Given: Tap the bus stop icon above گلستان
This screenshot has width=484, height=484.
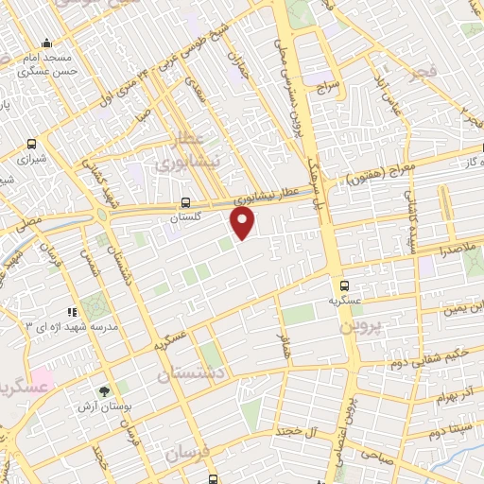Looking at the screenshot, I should (185, 202).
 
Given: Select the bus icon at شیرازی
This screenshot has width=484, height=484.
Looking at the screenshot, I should (33, 145).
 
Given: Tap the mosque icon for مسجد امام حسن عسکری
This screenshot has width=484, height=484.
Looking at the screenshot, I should (47, 43).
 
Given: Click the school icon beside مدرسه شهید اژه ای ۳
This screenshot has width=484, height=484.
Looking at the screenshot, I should (71, 312).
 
